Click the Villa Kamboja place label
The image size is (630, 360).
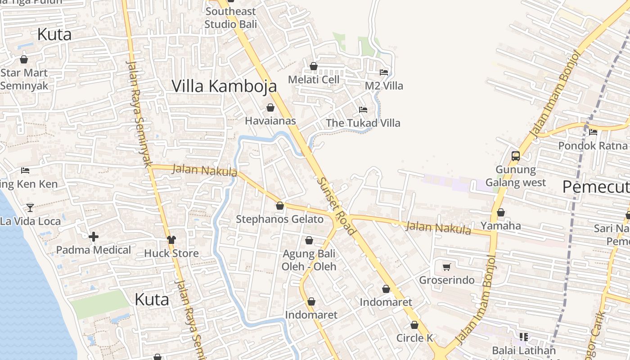pyautogui.click(x=224, y=85)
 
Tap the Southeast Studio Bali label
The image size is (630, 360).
pyautogui.click(x=230, y=18)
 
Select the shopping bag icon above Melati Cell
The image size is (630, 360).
pyautogui.click(x=314, y=67)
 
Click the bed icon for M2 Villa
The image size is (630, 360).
pyautogui.click(x=383, y=72)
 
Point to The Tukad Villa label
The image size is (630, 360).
pyautogui.click(x=363, y=123)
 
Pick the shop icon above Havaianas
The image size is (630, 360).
pyautogui.click(x=270, y=108)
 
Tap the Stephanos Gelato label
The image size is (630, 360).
pyautogui.click(x=279, y=219)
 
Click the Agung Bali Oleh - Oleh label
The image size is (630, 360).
pyautogui.click(x=309, y=260)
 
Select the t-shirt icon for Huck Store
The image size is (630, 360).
pyautogui.click(x=171, y=239)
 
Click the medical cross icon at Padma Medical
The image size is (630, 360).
pyautogui.click(x=94, y=237)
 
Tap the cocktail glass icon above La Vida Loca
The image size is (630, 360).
pyautogui.click(x=30, y=207)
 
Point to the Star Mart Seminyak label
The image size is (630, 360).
pyautogui.click(x=24, y=79)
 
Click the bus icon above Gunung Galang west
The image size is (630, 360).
pyautogui.click(x=516, y=156)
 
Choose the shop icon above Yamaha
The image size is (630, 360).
pyautogui.click(x=500, y=212)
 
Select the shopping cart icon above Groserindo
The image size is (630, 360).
pyautogui.click(x=446, y=267)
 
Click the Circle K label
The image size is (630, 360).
pyautogui.click(x=414, y=338)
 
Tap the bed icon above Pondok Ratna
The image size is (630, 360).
pyautogui.click(x=593, y=132)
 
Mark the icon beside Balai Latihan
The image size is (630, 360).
pyautogui.click(x=523, y=337)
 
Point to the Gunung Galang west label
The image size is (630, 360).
pyautogui.click(x=516, y=176)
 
